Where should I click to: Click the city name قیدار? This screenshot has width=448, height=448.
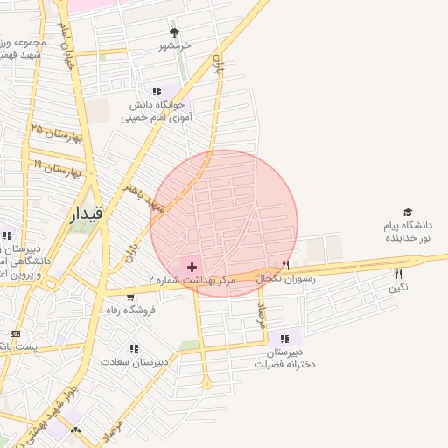(x=86, y=213)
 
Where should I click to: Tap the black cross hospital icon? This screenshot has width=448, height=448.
(x=192, y=265)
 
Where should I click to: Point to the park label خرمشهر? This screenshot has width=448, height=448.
(x=174, y=45)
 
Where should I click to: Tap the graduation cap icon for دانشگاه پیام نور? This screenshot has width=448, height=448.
(x=407, y=213)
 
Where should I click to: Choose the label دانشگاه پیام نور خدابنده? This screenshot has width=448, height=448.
(x=407, y=232)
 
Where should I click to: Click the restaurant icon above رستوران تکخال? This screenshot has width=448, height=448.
(x=285, y=265)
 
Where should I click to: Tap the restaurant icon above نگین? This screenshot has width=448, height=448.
(x=399, y=274)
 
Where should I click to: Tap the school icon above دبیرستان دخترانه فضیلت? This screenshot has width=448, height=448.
(x=284, y=338)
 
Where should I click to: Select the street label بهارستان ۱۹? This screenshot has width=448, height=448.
(x=58, y=167)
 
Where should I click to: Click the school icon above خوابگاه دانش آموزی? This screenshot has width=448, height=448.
(x=157, y=90)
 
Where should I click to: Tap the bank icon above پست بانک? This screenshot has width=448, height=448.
(x=15, y=334)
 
